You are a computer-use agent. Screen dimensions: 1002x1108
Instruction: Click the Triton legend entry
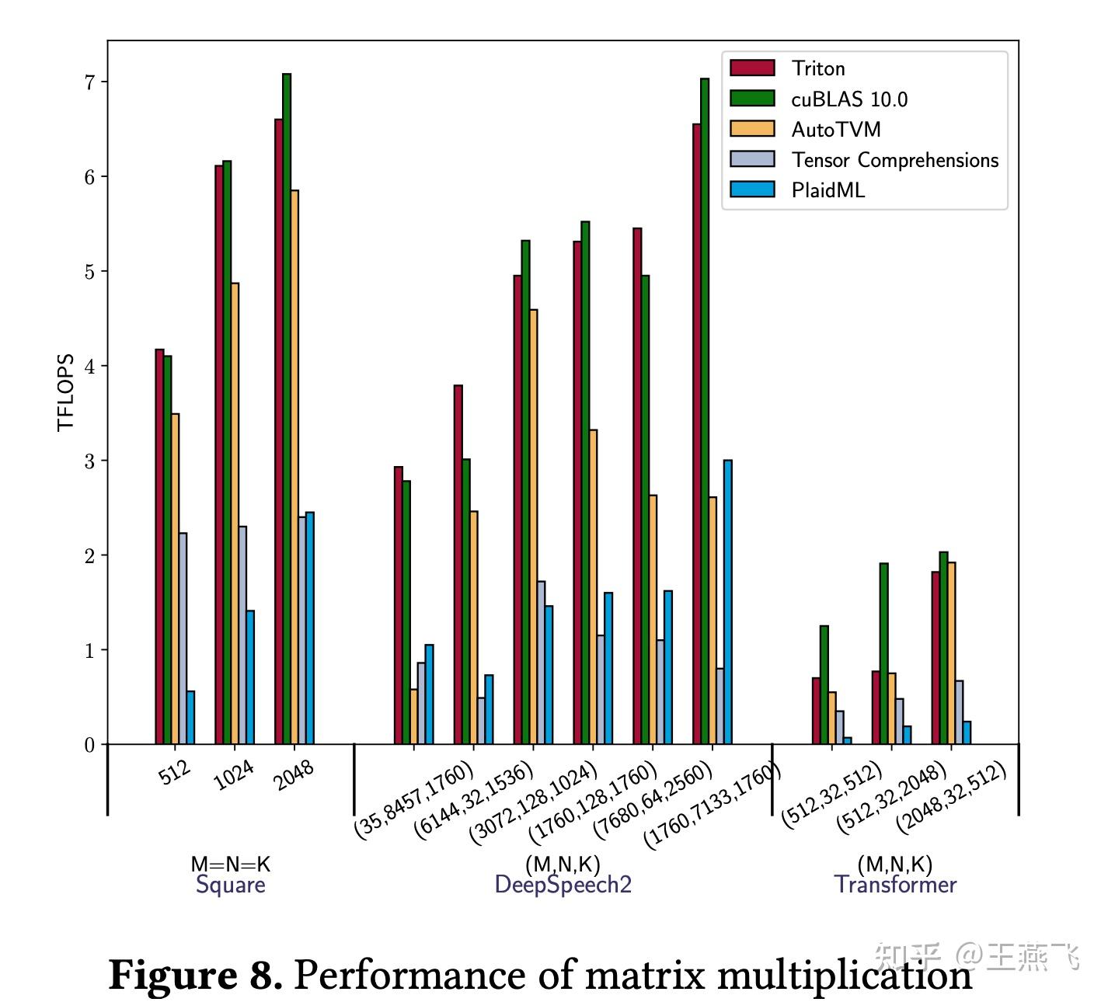pos(817,68)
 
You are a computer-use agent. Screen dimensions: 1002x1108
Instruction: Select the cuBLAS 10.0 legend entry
pos(848,99)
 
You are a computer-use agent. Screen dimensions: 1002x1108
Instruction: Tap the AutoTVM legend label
pos(835,130)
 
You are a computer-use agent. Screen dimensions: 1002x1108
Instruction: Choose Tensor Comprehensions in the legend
pos(894,160)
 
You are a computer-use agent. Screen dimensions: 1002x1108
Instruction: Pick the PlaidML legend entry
pos(828,190)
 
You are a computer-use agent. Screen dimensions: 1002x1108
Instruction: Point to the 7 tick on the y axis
pos(89,82)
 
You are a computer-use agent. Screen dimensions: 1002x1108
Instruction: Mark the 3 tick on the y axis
pos(89,461)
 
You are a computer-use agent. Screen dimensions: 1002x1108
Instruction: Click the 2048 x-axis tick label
pos(294,774)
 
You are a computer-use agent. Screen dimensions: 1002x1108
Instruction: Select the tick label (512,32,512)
pos(831,794)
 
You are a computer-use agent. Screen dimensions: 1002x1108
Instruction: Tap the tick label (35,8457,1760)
pos(413,800)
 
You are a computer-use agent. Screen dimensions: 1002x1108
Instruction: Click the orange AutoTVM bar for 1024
pos(235,513)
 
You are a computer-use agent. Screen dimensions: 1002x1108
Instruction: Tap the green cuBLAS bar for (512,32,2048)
pos(883,653)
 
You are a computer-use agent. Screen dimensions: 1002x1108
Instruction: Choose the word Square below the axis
pos(231,885)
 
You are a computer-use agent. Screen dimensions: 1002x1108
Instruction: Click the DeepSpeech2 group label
pos(563,885)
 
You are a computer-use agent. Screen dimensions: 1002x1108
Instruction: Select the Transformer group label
pos(895,885)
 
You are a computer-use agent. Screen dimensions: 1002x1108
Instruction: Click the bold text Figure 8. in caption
pos(195,975)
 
